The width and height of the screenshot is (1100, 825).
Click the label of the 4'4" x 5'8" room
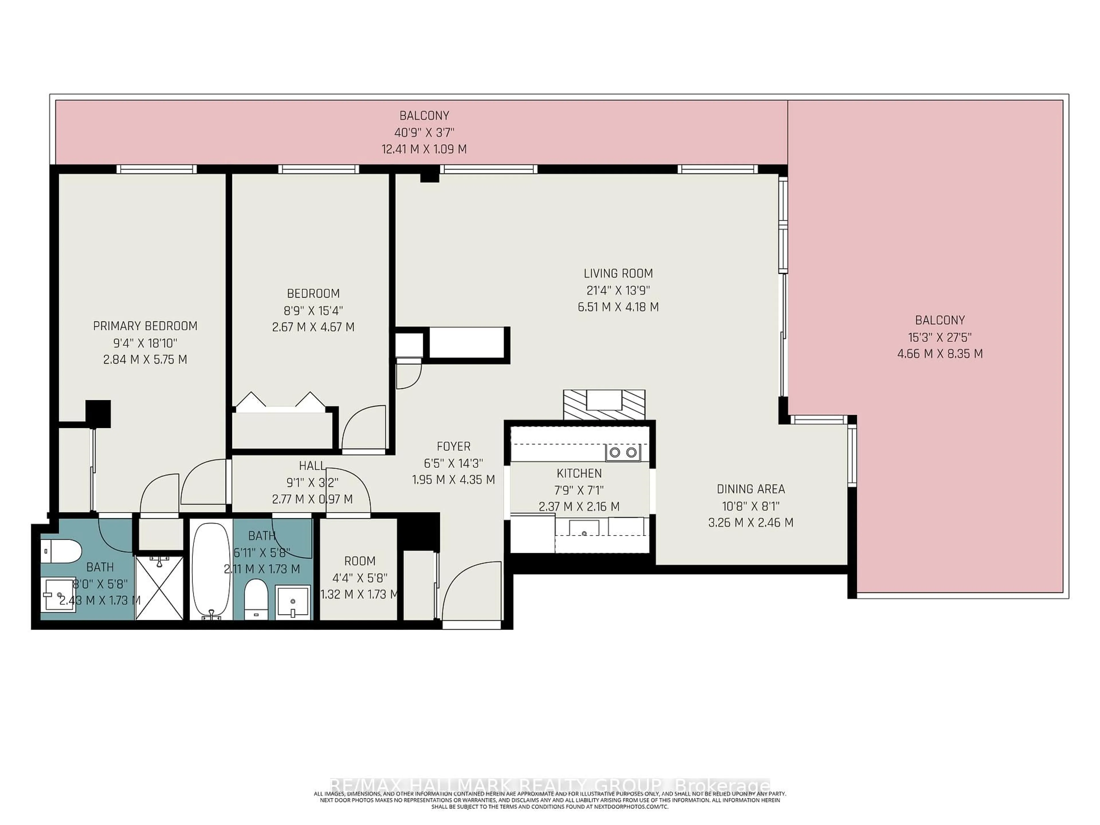click(360, 561)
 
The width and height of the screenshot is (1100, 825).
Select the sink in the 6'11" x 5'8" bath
click(293, 602)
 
